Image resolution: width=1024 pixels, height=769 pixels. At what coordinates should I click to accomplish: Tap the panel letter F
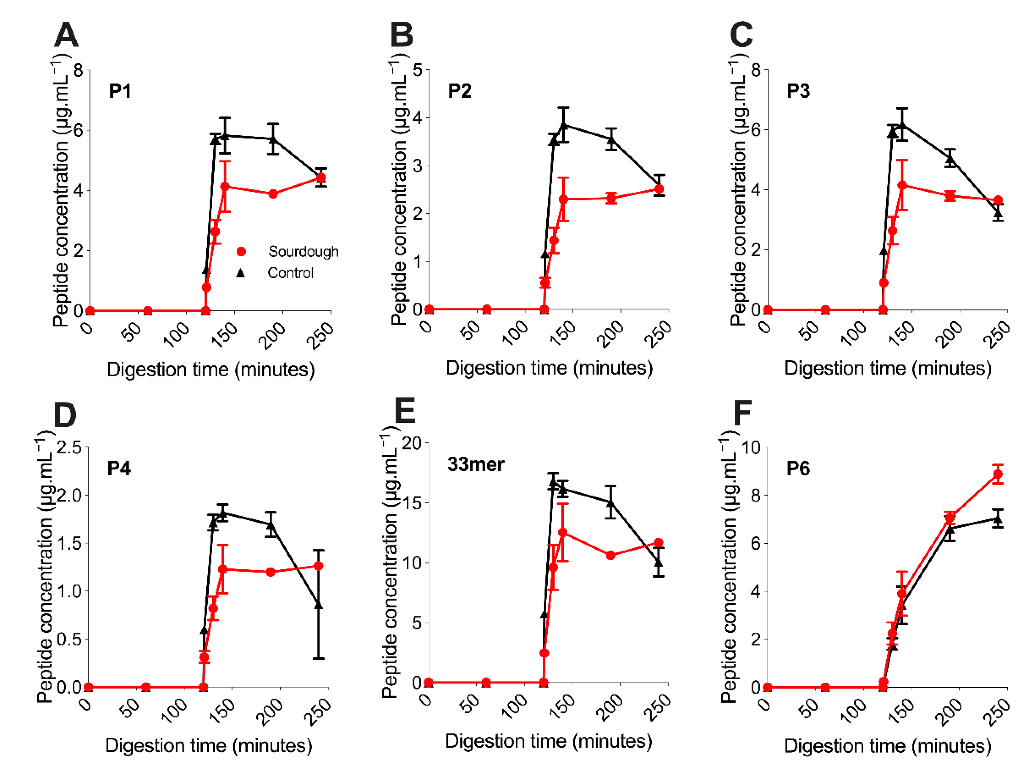pos(743,413)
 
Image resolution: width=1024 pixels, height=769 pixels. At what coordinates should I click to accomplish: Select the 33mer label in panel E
pos(475,464)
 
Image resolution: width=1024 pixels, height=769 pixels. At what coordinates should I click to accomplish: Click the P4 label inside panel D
pos(119,469)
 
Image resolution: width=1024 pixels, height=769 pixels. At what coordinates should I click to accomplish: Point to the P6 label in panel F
pos(798,469)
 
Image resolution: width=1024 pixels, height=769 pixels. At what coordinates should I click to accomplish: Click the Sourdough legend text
pos(303,252)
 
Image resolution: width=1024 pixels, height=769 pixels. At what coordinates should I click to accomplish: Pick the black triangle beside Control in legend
pos(240,273)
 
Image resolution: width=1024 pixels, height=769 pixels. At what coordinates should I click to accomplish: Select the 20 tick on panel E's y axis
pos(412,443)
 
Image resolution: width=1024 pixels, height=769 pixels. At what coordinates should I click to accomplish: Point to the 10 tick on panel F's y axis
pos(751,447)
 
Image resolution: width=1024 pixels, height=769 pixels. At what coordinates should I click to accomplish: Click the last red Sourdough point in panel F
pos(998,475)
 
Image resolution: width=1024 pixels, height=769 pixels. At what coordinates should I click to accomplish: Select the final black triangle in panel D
pos(318,605)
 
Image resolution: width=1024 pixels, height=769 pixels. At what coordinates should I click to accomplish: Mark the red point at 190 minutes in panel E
pos(610,555)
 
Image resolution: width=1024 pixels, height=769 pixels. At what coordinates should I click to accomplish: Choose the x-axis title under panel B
pos(549,368)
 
